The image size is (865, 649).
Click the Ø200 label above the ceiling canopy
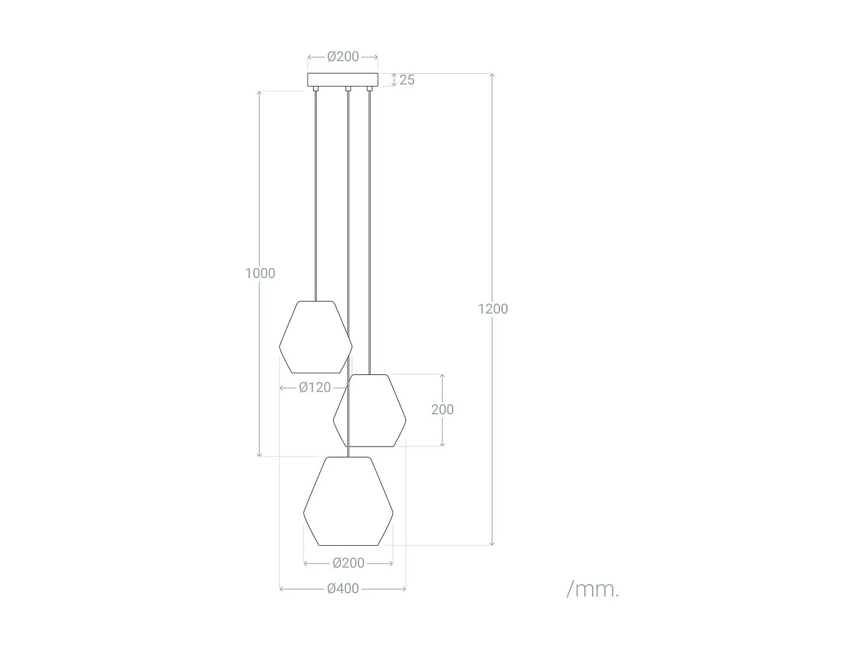click(343, 57)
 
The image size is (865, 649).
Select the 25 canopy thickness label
click(407, 80)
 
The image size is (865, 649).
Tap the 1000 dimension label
click(260, 273)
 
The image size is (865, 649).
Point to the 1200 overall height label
click(492, 309)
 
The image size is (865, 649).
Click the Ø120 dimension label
click(315, 388)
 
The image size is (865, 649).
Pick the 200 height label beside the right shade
click(442, 410)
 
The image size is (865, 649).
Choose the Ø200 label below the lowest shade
click(348, 563)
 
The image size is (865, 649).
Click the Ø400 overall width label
click(343, 589)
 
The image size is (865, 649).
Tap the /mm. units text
click(592, 590)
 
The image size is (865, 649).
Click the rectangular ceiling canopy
click(343, 80)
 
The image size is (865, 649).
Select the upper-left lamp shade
click(315, 337)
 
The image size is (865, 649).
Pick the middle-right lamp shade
click(370, 411)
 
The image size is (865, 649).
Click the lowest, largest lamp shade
click(348, 501)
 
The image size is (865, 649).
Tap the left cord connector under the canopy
click(315, 89)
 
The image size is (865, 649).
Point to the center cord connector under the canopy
click(348, 89)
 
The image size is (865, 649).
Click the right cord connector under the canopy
click(370, 89)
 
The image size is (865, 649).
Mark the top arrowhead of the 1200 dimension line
click(492, 76)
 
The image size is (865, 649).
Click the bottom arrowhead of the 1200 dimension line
click(492, 543)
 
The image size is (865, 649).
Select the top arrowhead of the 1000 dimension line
click(259, 93)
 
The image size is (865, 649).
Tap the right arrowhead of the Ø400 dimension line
click(404, 589)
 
